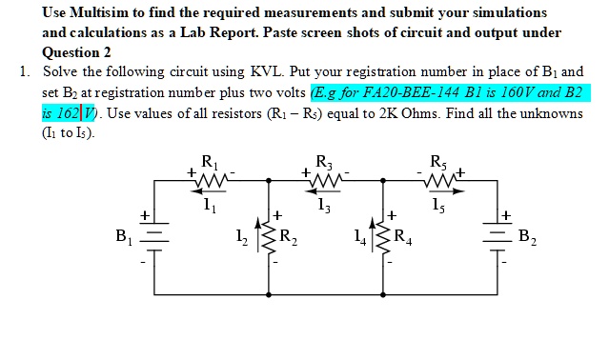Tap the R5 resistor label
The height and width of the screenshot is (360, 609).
point(437,162)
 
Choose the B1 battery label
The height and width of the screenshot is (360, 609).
point(123,233)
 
